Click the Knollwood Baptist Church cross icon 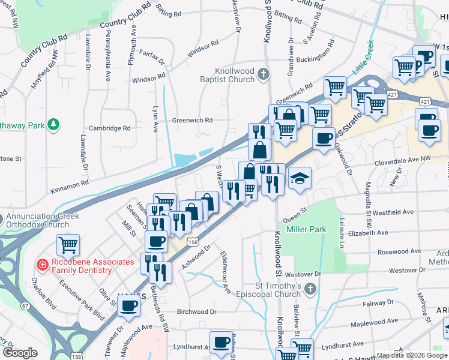coord(262,75)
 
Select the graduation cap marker coord(300,178)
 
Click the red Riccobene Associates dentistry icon coord(42,264)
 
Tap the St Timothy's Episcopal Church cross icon coord(310,290)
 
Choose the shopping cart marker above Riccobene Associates coord(69,245)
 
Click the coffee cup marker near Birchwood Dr coord(128,306)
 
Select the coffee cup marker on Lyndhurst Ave coord(221,343)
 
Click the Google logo coord(20,353)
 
